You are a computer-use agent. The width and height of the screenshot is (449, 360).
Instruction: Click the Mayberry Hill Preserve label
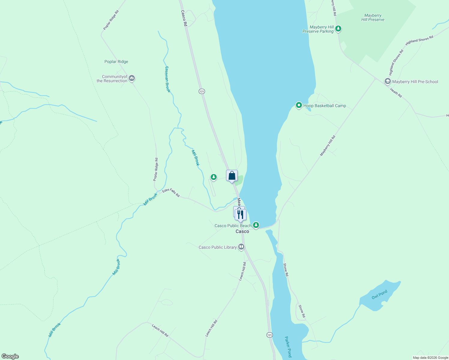[373, 18]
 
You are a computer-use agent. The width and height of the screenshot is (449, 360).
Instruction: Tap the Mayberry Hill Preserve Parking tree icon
[339, 29]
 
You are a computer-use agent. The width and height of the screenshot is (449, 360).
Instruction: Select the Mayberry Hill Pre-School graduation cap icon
[387, 82]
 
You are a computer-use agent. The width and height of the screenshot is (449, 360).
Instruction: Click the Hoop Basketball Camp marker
[299, 105]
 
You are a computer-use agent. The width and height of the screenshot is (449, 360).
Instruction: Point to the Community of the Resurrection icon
[132, 78]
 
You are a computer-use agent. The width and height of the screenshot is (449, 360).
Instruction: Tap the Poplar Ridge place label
[116, 62]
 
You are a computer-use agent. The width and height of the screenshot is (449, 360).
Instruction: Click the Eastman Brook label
[167, 79]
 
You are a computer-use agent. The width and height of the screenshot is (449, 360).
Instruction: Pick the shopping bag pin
[232, 176]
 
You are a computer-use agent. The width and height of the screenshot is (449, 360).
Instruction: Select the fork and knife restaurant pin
[240, 214]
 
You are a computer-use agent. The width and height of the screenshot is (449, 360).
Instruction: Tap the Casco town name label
[242, 232]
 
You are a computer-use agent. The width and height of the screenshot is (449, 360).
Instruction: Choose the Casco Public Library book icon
[241, 247]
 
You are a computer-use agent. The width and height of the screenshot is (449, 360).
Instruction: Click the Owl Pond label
[379, 295]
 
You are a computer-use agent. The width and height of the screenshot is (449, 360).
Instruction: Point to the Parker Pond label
[288, 346]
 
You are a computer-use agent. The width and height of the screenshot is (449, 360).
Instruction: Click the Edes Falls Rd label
[171, 193]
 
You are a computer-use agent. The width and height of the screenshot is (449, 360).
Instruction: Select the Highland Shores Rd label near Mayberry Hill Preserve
[419, 41]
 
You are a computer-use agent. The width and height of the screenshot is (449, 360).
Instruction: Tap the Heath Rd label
[396, 93]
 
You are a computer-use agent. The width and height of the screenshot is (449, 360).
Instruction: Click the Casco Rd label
[184, 18]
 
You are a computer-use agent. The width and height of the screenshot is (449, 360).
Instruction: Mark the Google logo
[10, 356]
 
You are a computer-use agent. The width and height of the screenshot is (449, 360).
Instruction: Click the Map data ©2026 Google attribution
[430, 358]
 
